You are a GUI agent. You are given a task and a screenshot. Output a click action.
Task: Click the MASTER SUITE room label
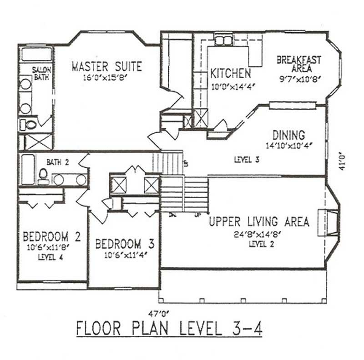point(106,66)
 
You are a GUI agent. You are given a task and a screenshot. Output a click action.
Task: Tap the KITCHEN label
point(230,73)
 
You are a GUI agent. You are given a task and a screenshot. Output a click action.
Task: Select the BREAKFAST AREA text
point(299,64)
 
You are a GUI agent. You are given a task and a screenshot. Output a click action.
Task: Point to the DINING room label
point(288,135)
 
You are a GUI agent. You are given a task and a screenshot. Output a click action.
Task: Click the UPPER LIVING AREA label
point(259,222)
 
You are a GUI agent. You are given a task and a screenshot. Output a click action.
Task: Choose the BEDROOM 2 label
point(52,237)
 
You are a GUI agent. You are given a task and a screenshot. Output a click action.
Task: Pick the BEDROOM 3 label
point(124,244)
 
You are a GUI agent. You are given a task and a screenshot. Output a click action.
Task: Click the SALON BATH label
point(42,73)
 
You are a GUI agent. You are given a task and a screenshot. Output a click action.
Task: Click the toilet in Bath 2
point(43,175)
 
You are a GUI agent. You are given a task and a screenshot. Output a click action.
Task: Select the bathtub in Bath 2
point(28,170)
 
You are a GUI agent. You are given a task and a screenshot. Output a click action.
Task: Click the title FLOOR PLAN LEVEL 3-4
point(168,329)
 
